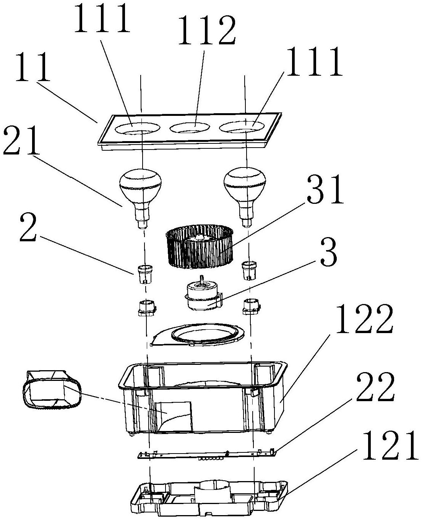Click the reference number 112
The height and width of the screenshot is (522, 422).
207,30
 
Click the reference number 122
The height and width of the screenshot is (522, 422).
364,319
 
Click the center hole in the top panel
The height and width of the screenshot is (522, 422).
190,128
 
